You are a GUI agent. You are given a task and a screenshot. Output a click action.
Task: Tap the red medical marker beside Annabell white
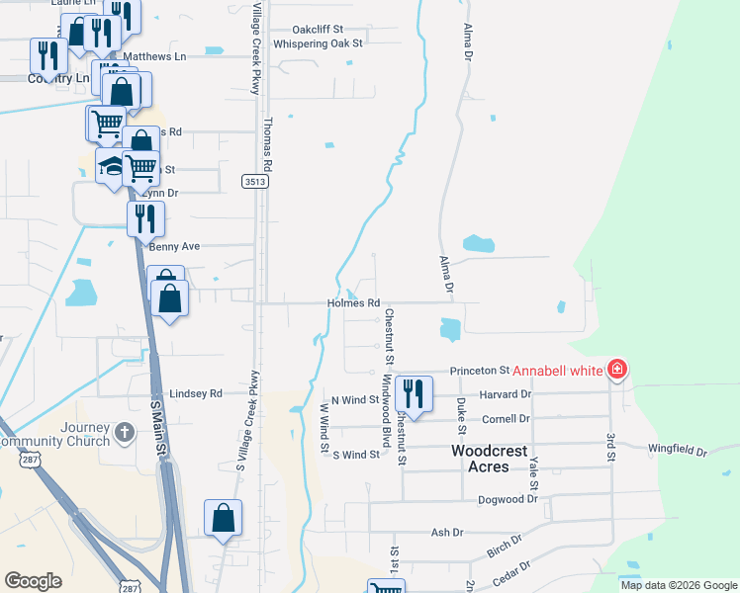[618, 370]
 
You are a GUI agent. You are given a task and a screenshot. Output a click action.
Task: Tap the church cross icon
[125, 432]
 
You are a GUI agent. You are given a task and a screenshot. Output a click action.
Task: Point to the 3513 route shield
[253, 181]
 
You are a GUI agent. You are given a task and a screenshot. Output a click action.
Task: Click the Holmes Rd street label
[354, 303]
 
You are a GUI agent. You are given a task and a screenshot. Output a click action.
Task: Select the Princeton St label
[479, 371]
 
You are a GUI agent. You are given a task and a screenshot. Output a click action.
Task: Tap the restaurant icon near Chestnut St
[412, 393]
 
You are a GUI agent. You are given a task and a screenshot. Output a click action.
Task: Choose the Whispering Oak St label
[319, 43]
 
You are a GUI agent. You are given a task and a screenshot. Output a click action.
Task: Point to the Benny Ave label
[175, 246]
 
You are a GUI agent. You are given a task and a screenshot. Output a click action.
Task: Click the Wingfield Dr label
[678, 452]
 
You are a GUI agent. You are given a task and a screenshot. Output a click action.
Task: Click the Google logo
[34, 582]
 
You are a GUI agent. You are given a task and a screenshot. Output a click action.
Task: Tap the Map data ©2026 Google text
[678, 585]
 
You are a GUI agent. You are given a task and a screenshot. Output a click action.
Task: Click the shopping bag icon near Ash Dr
[224, 517]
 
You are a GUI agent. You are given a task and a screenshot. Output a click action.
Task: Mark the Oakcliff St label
[318, 30]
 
